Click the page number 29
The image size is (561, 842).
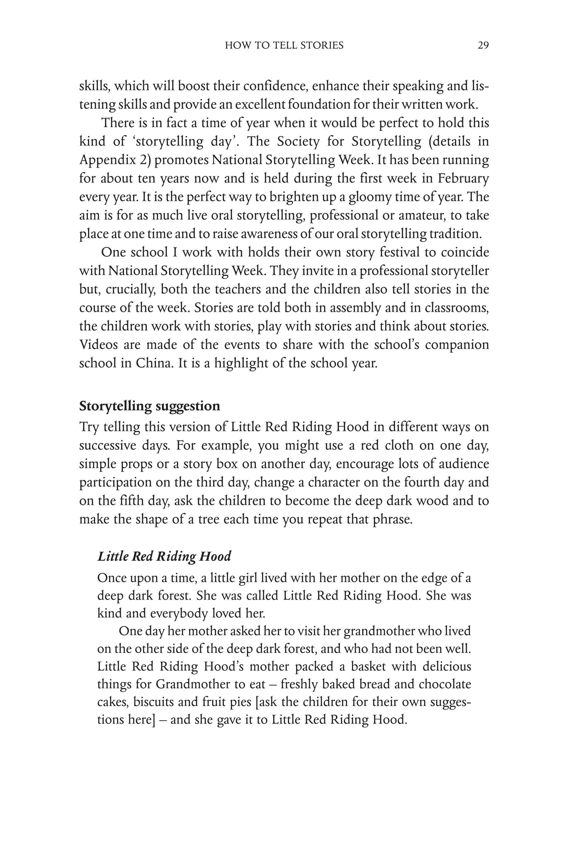pyautogui.click(x=483, y=45)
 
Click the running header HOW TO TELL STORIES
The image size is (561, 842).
pyautogui.click(x=284, y=45)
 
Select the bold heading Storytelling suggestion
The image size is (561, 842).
pyautogui.click(x=150, y=406)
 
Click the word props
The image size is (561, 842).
pyautogui.click(x=137, y=464)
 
